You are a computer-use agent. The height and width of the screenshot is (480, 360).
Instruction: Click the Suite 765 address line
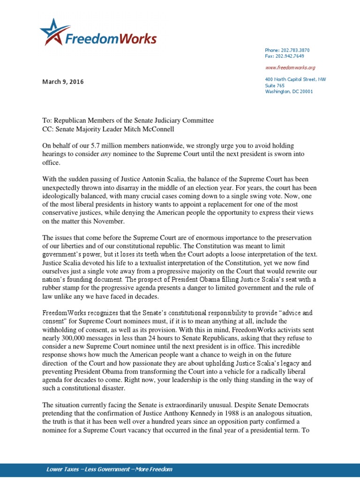click(275, 86)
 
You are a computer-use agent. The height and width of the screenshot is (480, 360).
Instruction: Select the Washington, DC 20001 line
click(289, 91)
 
